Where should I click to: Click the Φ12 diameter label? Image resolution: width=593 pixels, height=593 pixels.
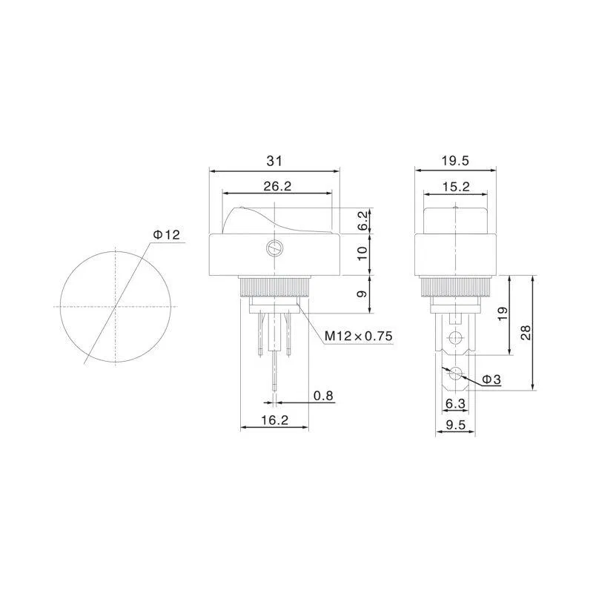[x=166, y=234]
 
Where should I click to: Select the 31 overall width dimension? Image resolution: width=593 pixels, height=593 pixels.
[x=274, y=161]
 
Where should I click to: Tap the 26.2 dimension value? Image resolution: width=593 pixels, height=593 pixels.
[x=277, y=186]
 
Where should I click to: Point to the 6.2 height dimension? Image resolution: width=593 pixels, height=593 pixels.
[x=362, y=221]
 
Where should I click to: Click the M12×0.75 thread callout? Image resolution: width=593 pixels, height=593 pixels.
[x=359, y=336]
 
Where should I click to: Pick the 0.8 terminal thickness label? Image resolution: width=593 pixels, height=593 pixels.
[x=323, y=396]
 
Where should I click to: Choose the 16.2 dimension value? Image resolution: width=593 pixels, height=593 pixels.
[x=274, y=420]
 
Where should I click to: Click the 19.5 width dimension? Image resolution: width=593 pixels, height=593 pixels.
[x=455, y=161]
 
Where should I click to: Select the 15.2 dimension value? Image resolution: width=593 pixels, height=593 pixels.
[x=456, y=187]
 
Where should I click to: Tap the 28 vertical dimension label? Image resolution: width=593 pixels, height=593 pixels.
[x=526, y=332]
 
